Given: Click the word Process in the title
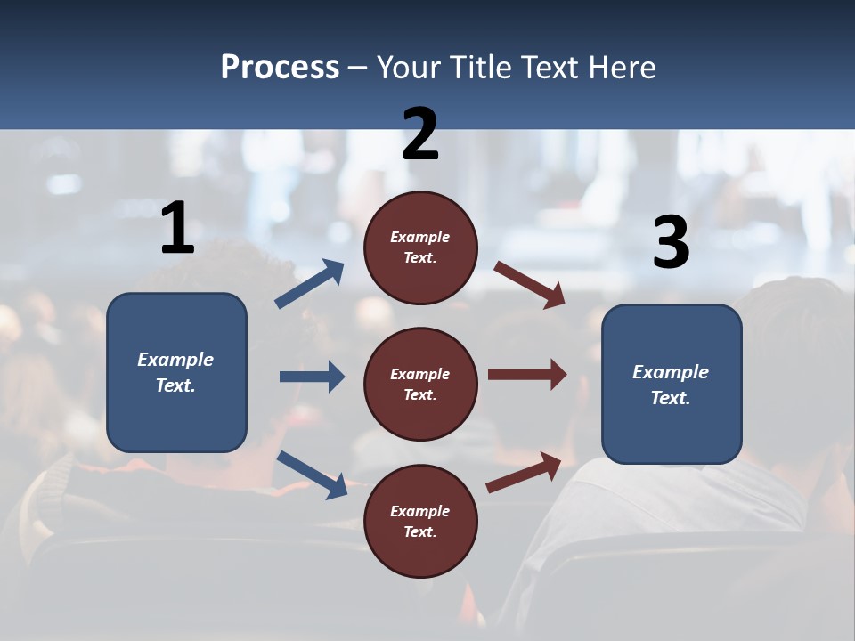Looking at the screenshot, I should (280, 68).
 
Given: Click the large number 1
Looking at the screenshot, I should (177, 229).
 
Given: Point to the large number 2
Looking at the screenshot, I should (420, 134).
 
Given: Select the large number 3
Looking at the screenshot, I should (671, 243).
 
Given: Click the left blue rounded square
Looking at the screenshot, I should (176, 372).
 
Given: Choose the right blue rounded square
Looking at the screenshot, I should (672, 384).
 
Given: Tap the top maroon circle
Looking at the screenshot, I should (420, 247).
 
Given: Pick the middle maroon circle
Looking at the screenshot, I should (420, 384).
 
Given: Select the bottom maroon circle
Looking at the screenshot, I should (420, 521).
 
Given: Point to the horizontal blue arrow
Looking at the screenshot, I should (312, 377).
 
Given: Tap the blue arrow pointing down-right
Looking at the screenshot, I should (312, 475).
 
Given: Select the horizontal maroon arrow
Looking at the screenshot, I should (527, 374).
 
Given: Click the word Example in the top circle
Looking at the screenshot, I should (420, 238).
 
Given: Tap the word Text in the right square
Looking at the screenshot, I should (671, 398).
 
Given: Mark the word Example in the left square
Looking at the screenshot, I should (175, 360).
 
